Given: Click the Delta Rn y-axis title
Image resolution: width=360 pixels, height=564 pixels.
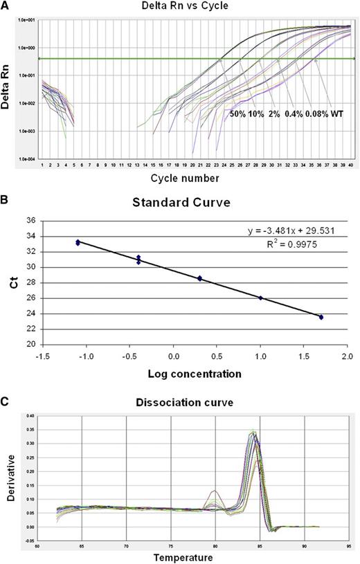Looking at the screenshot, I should coord(8,89).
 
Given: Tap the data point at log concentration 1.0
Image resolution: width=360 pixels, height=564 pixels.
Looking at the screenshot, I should coord(261,298).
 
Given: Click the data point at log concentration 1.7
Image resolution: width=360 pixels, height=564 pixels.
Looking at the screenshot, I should coord(321,317).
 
